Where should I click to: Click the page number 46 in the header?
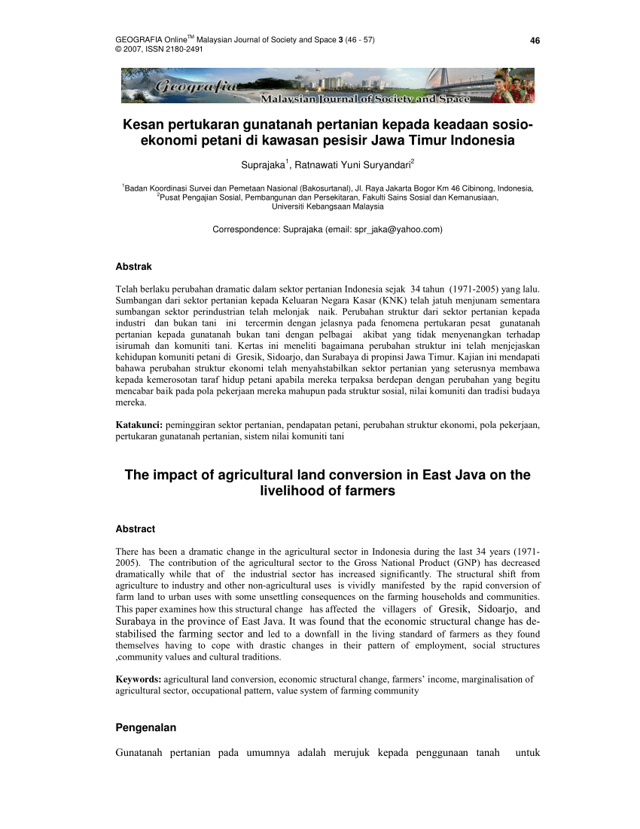pyautogui.click(x=535, y=40)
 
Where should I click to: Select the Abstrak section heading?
pyautogui.click(x=133, y=266)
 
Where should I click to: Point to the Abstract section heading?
pyautogui.click(x=135, y=529)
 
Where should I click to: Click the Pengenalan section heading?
pyautogui.click(x=145, y=727)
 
